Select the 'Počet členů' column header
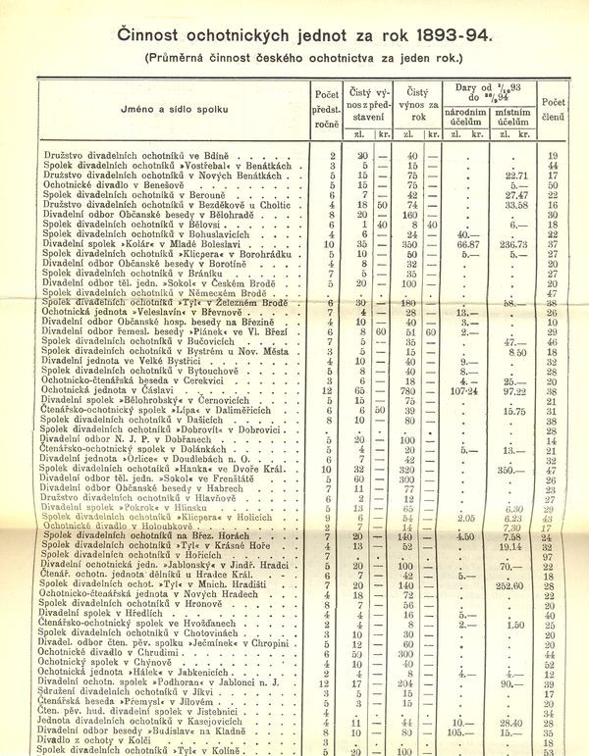[x=552, y=108]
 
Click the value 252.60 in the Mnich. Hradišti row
[x=513, y=584]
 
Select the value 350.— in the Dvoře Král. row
[x=513, y=470]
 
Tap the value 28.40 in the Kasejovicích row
[x=513, y=721]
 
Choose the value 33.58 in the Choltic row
[x=513, y=205]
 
